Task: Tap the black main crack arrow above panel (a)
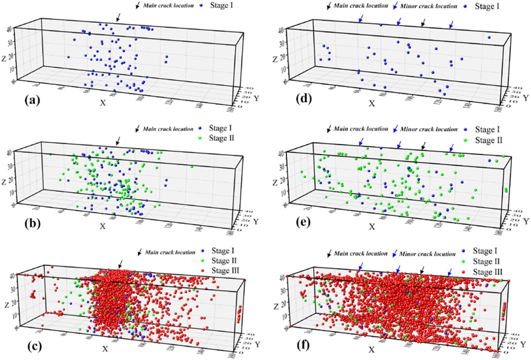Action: pos(118,17)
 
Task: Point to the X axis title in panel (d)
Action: pos(372,103)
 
